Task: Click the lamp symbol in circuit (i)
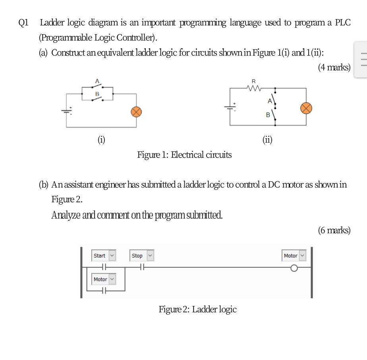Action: [x=136, y=112]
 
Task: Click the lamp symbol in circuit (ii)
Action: [x=306, y=108]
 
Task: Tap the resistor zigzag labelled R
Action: [x=254, y=88]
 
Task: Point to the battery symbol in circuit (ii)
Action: [x=230, y=107]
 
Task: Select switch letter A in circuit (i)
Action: [x=97, y=81]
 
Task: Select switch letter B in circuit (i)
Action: [x=97, y=94]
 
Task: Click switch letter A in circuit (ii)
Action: [x=270, y=101]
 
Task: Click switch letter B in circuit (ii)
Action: [x=268, y=115]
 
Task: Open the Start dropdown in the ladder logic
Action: [x=112, y=255]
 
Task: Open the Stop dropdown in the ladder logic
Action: [x=150, y=255]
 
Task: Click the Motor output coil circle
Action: [x=294, y=268]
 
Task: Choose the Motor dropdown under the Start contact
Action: [x=112, y=279]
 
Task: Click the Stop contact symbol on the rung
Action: [x=142, y=267]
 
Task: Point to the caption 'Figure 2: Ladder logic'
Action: [x=197, y=309]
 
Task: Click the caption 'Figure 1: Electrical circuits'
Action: [x=184, y=155]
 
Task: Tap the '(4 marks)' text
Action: [x=334, y=67]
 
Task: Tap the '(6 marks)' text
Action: [x=334, y=230]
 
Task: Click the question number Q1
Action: [x=24, y=23]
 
